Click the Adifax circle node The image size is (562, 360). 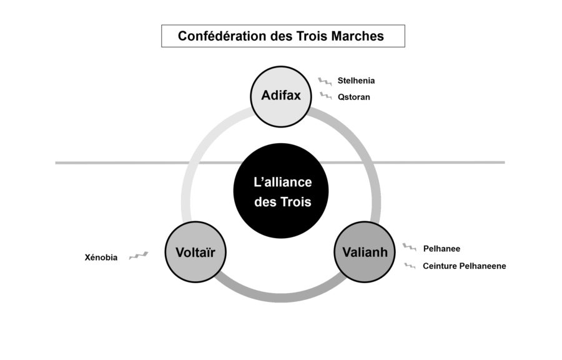point(280,96)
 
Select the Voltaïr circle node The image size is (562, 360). point(195,252)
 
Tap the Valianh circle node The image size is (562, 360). point(365,252)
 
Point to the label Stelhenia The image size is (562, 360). point(356,81)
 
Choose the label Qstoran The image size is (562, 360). point(353,97)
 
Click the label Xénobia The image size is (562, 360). point(101,257)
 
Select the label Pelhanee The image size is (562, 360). point(441,248)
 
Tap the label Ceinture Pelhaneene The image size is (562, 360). point(464,266)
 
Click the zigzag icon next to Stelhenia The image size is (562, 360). point(325,81)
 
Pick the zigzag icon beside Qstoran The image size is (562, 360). point(325,96)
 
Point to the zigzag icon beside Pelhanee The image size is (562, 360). point(410,247)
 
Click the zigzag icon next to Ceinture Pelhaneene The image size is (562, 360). point(410,266)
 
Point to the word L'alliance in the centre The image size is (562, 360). point(282,182)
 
